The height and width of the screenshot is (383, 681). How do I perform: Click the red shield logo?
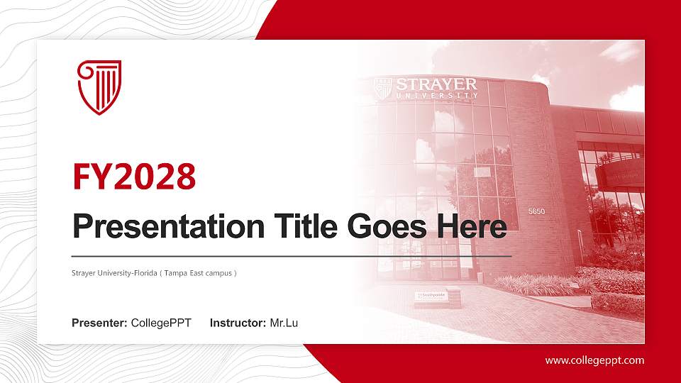(99, 87)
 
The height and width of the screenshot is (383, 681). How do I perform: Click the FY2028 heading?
(134, 177)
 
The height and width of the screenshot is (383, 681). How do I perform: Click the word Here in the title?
(472, 227)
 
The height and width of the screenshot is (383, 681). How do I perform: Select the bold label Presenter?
(99, 323)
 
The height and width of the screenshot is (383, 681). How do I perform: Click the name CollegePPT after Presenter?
(161, 323)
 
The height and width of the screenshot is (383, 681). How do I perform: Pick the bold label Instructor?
(238, 323)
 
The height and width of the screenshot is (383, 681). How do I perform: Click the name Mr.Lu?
(284, 323)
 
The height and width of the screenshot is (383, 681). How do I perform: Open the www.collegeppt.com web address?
(594, 360)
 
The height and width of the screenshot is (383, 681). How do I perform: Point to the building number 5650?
(536, 211)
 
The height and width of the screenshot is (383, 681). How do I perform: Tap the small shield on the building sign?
(383, 88)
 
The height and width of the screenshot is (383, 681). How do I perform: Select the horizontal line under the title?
(292, 255)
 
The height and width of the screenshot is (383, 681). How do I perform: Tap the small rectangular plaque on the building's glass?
(482, 172)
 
